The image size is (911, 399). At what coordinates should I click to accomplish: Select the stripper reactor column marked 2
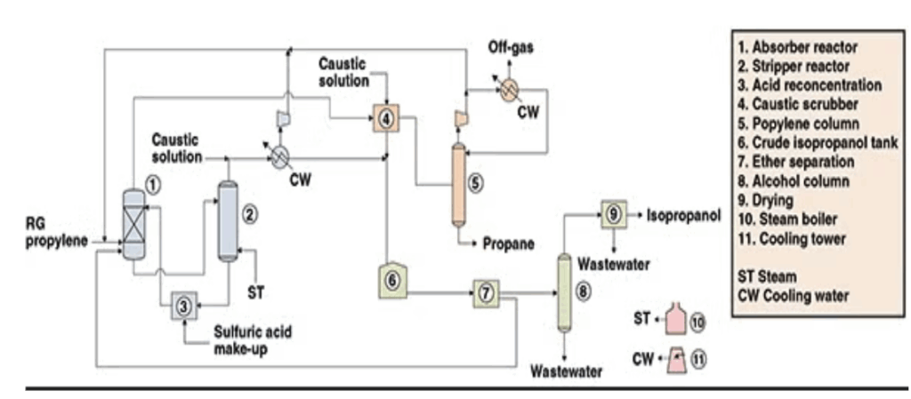click(228, 221)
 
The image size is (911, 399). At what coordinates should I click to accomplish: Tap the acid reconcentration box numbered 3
click(182, 306)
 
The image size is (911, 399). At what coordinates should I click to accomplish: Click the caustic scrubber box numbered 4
click(385, 116)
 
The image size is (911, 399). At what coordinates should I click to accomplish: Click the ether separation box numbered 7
click(486, 292)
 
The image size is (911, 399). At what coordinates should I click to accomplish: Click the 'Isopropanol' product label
click(682, 214)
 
